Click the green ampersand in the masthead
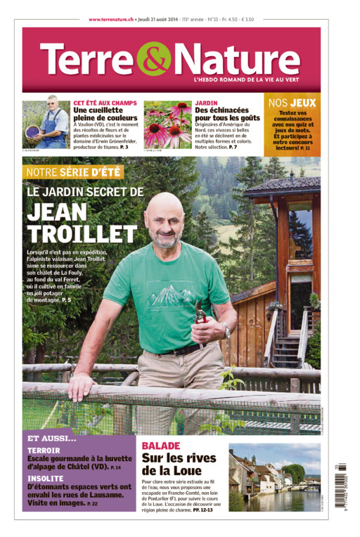(x=153, y=58)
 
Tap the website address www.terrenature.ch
(x=111, y=20)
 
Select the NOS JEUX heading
(x=292, y=103)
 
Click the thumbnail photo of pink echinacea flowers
(x=167, y=124)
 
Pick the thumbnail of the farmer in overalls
(x=46, y=124)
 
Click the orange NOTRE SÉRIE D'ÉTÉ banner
(x=73, y=172)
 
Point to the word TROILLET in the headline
(x=82, y=233)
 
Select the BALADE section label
(x=161, y=446)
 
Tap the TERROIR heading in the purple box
(x=44, y=450)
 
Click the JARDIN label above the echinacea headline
(x=206, y=102)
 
